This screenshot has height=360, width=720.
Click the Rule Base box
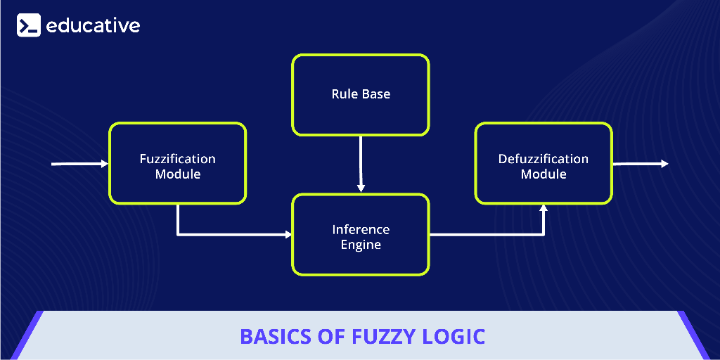click(x=360, y=95)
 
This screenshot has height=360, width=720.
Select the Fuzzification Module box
click(x=177, y=164)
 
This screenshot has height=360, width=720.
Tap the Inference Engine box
click(x=360, y=236)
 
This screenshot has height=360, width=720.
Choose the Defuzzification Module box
click(x=543, y=164)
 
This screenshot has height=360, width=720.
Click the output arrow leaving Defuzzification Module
click(x=640, y=164)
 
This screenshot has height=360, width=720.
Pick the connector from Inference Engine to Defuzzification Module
click(x=492, y=234)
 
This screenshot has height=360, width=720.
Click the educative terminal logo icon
click(x=29, y=26)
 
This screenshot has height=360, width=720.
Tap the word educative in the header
click(x=93, y=26)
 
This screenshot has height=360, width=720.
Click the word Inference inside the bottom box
click(x=361, y=229)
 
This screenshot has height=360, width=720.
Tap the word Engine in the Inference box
click(x=361, y=245)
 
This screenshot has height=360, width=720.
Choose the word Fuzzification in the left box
click(x=177, y=159)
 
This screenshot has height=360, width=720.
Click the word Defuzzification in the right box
click(x=543, y=159)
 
